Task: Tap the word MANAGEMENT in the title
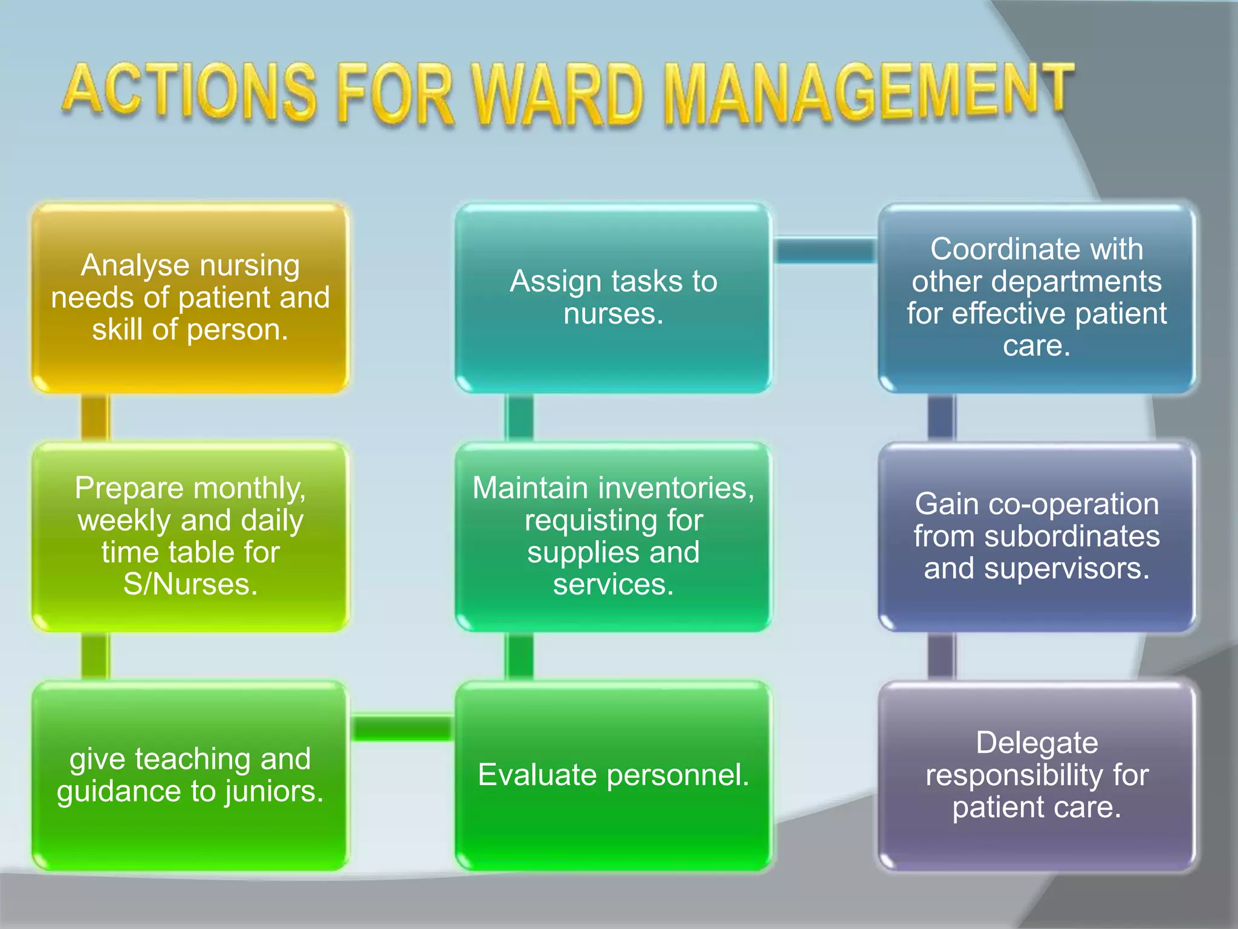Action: coord(867,94)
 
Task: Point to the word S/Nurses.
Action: coord(190,585)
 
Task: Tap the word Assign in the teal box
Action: coord(556,282)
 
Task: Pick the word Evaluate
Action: coord(537,775)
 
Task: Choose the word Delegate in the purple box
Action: coord(1037,743)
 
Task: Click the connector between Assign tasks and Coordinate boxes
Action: coord(825,250)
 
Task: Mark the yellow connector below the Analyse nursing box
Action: coord(95,417)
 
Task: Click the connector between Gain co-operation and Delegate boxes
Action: coord(941,656)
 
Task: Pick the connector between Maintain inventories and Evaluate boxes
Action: coord(519,656)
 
